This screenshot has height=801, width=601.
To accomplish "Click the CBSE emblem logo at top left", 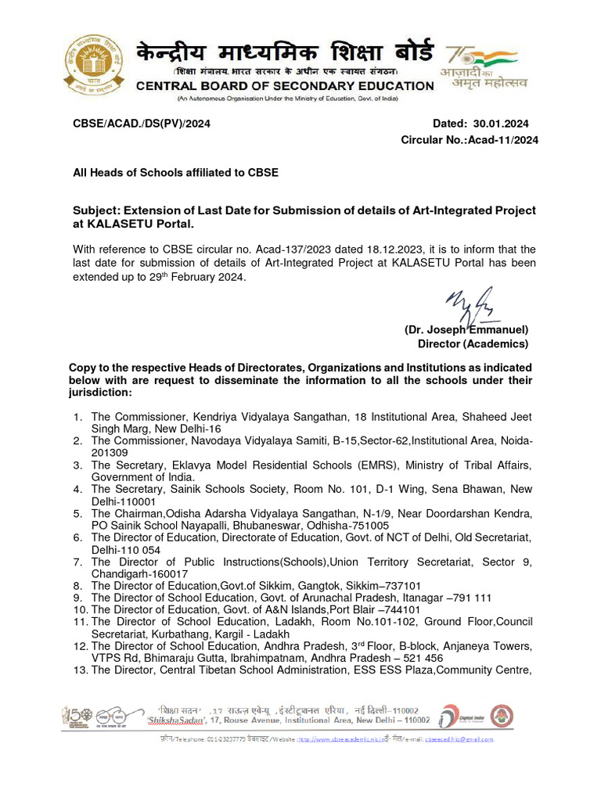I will [x=91, y=67].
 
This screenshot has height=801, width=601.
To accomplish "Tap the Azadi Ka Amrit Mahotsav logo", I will [x=487, y=67].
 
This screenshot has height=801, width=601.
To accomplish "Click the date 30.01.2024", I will [x=501, y=124].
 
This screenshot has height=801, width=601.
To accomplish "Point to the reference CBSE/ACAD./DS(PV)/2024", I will [x=142, y=124].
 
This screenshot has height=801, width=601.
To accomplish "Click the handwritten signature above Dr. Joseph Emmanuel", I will [x=470, y=304].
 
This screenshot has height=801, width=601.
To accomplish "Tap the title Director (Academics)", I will [x=473, y=343].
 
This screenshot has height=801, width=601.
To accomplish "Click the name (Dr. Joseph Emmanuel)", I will [x=466, y=330].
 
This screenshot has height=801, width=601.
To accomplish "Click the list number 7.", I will [x=77, y=562].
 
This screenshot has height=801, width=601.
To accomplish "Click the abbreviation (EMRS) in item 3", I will [x=419, y=465].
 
